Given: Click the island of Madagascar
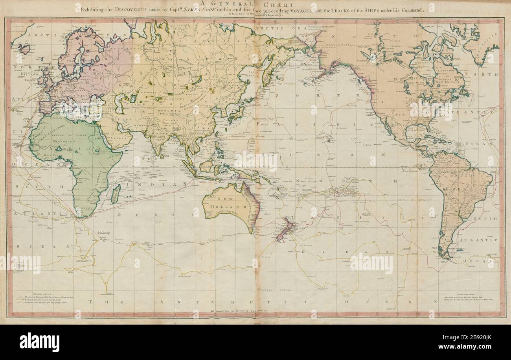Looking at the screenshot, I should pos(115,194).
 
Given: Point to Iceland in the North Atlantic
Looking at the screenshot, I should pos(24,49).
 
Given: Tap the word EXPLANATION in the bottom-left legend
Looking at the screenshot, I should pos(33,294).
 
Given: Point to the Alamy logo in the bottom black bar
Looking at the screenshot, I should pos(39,342).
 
